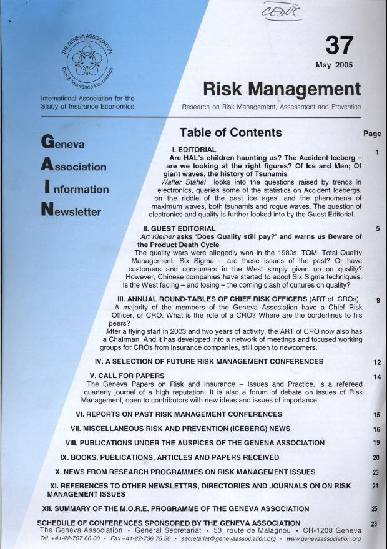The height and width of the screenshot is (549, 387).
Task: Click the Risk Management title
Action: (x=282, y=89)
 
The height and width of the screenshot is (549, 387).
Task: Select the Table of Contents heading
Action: (x=230, y=132)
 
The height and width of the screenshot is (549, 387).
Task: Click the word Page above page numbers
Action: (x=371, y=134)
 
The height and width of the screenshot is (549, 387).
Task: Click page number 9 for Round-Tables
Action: (x=378, y=300)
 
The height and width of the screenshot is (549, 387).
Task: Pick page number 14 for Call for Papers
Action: (x=377, y=377)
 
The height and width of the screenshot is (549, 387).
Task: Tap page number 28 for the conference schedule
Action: (x=375, y=523)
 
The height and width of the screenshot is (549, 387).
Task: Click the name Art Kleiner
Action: (x=160, y=237)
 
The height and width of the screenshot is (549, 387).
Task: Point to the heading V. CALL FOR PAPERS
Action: (x=127, y=376)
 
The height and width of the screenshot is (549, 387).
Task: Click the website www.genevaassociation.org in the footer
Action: (x=323, y=538)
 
